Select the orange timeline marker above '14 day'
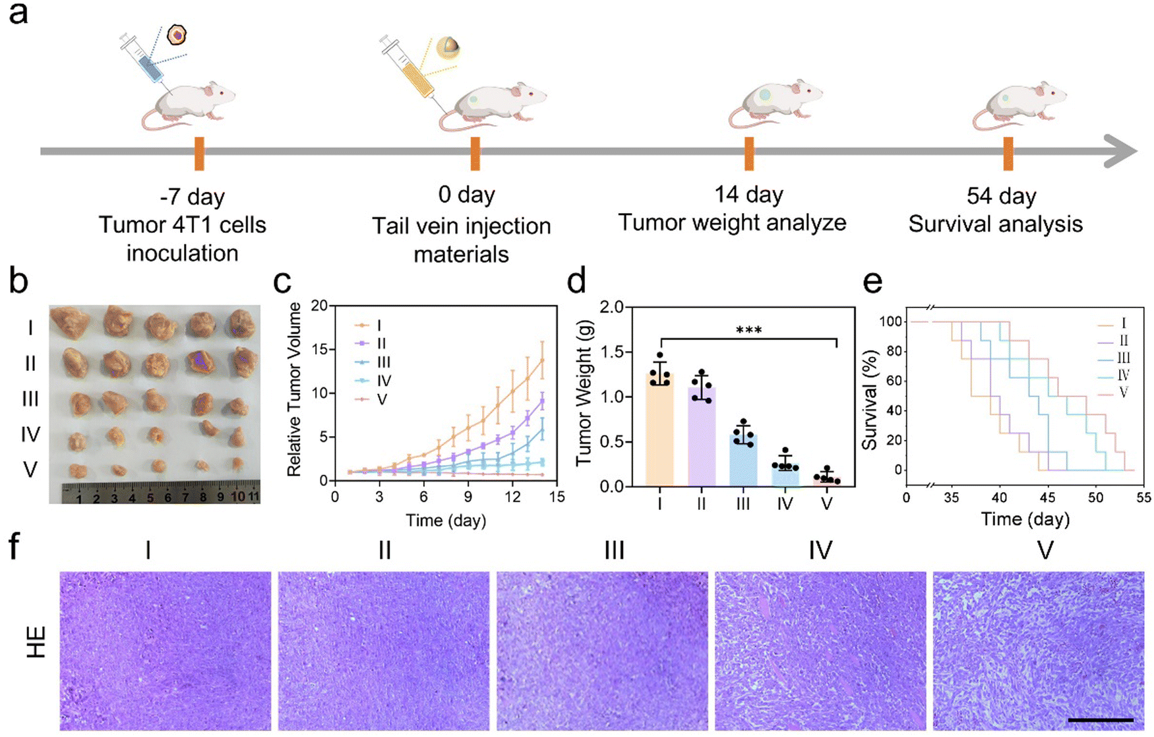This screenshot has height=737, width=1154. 748,154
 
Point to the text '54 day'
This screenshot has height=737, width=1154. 1001,196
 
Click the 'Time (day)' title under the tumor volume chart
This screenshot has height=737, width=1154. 446,521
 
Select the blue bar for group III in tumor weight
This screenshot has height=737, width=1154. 743,461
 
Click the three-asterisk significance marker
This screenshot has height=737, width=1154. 748,329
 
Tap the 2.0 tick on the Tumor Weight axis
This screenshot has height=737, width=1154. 613,307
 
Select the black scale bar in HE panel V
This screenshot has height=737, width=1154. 1101,720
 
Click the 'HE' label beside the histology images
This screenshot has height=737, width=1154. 36,643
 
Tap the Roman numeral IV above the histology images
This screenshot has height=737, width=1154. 820,550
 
